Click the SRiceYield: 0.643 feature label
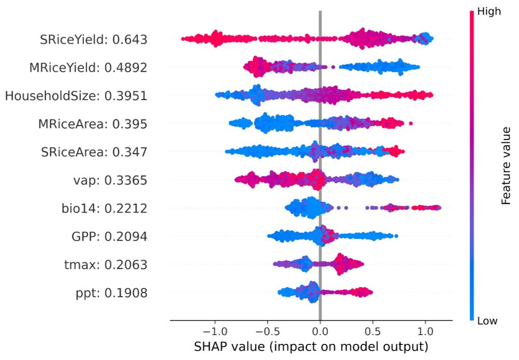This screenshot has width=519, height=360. (93, 39)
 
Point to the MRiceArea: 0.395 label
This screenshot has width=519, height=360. (92, 124)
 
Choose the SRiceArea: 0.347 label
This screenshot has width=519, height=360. (94, 152)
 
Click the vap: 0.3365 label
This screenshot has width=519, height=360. (111, 180)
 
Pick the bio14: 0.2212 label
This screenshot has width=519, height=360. (104, 209)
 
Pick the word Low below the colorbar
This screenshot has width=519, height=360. (487, 321)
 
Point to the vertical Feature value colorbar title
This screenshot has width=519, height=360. (507, 166)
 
